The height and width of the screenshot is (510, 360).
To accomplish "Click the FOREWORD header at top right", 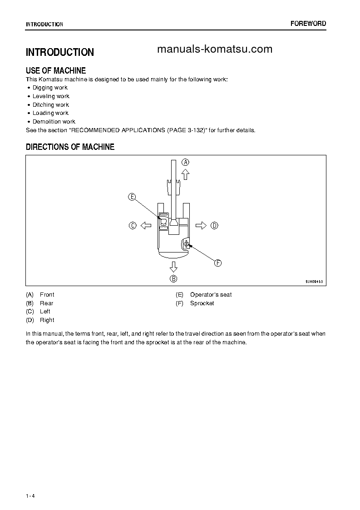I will tap(308, 24).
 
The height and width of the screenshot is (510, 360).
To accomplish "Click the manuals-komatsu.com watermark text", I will tap(214, 50).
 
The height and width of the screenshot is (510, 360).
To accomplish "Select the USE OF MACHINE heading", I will tap(56, 70).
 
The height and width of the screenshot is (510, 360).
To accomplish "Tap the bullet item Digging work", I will tap(50, 88).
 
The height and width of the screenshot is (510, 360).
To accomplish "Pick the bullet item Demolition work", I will tap(54, 122).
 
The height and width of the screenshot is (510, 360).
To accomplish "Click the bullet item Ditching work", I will tap(51, 105).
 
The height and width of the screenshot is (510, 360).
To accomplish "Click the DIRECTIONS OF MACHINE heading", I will tap(70, 147).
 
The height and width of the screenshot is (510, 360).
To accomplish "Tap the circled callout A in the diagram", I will tap(186, 162).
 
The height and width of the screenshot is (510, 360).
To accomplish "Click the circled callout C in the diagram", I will tap(133, 225).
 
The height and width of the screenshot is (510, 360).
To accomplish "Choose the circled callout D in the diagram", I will tap(215, 225).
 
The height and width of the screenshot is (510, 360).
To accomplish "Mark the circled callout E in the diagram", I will tap(132, 197).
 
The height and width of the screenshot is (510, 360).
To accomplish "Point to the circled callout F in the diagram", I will tap(217, 263).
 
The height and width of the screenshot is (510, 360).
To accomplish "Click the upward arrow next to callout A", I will tap(185, 175).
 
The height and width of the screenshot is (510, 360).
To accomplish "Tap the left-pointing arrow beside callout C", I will tap(146, 225).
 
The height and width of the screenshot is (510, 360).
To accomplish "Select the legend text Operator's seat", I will tap(211, 295).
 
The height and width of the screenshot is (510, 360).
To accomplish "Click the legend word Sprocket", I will tap(202, 303).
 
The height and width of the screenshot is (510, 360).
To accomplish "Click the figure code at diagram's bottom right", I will tap(314, 282).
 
